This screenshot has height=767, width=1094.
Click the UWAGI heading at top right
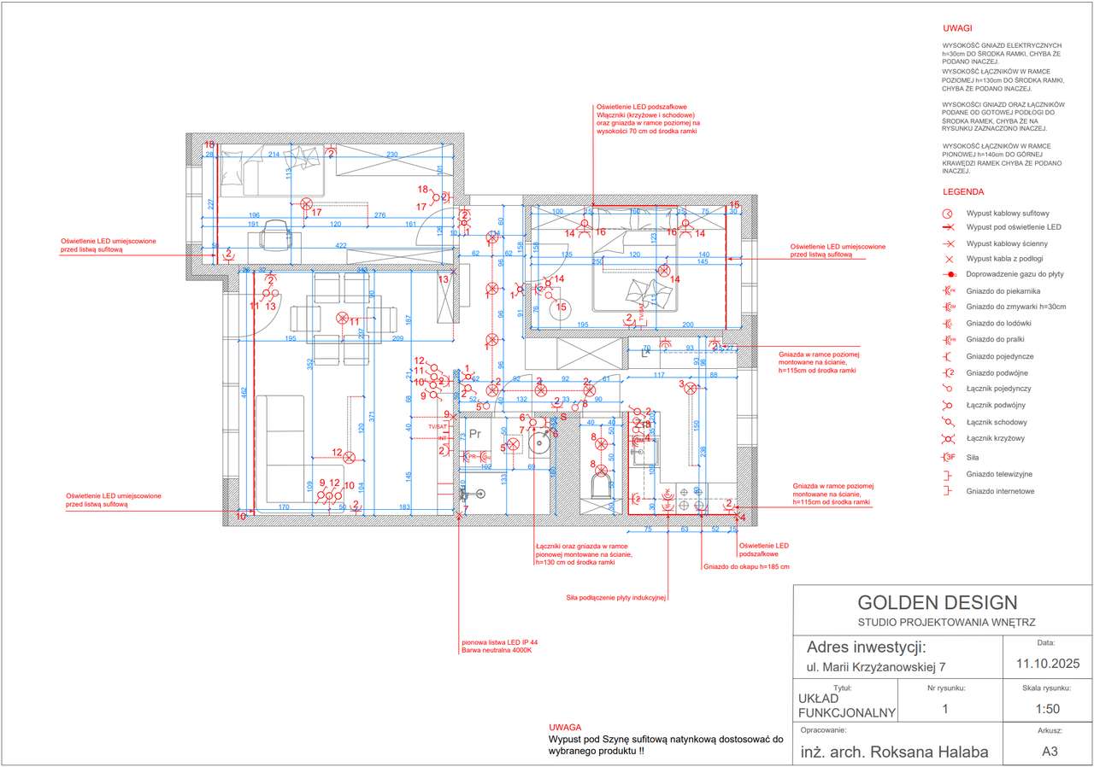pyautogui.click(x=957, y=28)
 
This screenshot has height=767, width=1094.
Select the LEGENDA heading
pyautogui.click(x=963, y=192)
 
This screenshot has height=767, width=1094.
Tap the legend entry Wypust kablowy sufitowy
pyautogui.click(x=1008, y=214)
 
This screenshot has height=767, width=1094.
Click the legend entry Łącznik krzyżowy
pyautogui.click(x=995, y=438)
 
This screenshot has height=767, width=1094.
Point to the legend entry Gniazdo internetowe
pyautogui.click(x=1000, y=491)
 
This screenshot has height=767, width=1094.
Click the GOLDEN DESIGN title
pyautogui.click(x=938, y=602)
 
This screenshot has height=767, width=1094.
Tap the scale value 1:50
pyautogui.click(x=1048, y=709)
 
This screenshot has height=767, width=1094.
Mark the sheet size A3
pyautogui.click(x=1050, y=752)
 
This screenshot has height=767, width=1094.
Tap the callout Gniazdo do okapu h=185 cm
pyautogui.click(x=746, y=566)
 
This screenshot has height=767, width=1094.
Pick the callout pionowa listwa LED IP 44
pyautogui.click(x=499, y=642)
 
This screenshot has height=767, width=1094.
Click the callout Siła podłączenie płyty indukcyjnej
pyautogui.click(x=615, y=598)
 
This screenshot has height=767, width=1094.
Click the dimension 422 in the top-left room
pyautogui.click(x=341, y=246)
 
